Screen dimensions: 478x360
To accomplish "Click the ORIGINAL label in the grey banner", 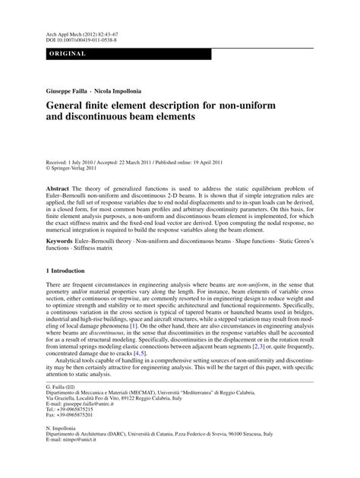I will (68, 54).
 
